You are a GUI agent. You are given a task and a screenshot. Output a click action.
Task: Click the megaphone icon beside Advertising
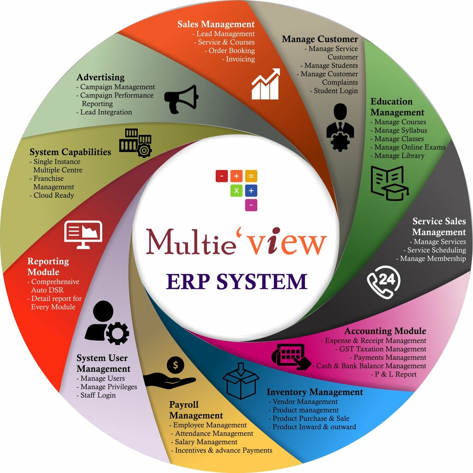click(x=182, y=98)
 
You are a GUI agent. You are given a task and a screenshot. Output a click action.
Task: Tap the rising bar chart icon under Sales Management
click(x=266, y=84)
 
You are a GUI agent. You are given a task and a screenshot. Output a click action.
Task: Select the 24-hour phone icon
click(x=383, y=282)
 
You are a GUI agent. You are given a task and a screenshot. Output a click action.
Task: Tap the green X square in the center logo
click(x=236, y=191)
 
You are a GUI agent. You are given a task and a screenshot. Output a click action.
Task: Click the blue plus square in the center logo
click(x=251, y=191)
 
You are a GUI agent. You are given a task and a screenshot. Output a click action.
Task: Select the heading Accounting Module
click(x=385, y=331)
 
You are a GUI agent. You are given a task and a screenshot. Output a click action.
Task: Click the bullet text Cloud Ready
click(x=54, y=195)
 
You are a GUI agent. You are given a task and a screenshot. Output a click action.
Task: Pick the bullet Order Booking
click(x=231, y=51)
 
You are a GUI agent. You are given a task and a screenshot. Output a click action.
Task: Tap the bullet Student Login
click(x=336, y=91)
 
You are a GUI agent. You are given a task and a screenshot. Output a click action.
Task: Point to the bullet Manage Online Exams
click(x=410, y=147)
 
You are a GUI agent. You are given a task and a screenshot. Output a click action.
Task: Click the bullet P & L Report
click(x=396, y=374)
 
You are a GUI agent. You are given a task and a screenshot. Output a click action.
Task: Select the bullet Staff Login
click(x=98, y=395)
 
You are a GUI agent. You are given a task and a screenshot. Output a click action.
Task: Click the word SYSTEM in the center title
click(x=264, y=281)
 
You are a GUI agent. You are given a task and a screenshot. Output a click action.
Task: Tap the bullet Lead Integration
click(x=106, y=112)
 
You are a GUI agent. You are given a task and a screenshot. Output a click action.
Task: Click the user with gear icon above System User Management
click(x=107, y=323)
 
